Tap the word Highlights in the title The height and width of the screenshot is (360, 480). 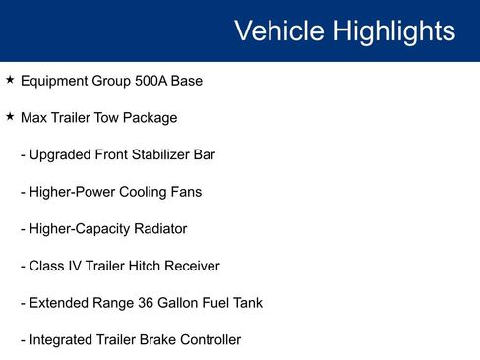[x=393, y=30]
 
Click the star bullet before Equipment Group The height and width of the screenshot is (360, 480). [x=10, y=80]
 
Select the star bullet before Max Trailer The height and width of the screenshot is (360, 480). [x=10, y=117]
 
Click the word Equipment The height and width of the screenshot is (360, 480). [x=55, y=81]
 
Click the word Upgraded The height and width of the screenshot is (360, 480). [x=59, y=154]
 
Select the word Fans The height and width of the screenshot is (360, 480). [x=185, y=192]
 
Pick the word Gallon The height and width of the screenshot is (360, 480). [x=176, y=303]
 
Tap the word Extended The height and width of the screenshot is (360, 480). [x=58, y=303]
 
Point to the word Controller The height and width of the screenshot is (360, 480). [x=207, y=340]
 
